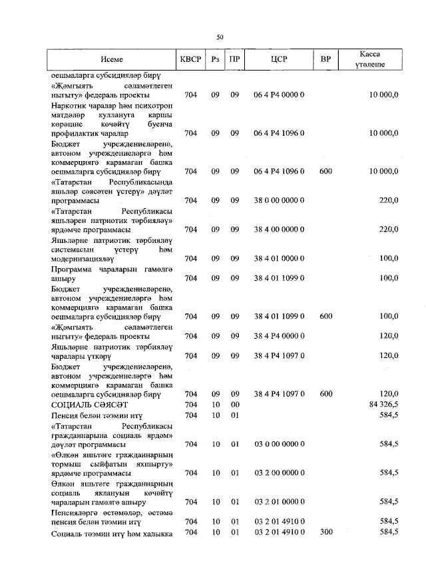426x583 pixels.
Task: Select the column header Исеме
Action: point(112,59)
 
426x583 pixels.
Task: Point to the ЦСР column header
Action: point(280,59)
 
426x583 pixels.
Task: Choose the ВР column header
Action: point(325,59)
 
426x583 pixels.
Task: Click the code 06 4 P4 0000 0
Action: point(280,96)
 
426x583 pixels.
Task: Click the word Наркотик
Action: point(69,105)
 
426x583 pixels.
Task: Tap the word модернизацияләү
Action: point(83,258)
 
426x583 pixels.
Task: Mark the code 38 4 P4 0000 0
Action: point(280,335)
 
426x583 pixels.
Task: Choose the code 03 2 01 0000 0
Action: point(280,502)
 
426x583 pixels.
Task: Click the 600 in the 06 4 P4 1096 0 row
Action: point(325,172)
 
